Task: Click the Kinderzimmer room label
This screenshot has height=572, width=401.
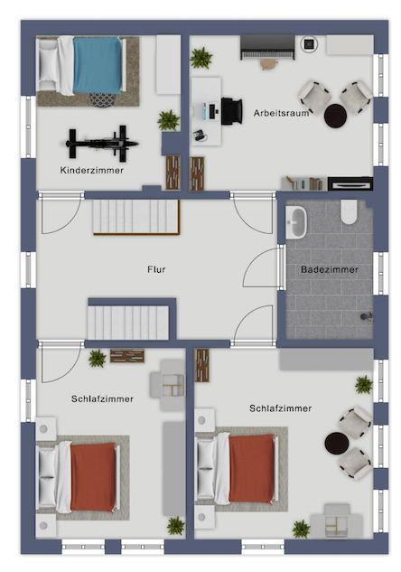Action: click(x=92, y=169)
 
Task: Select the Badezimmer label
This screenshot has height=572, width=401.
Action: click(x=328, y=269)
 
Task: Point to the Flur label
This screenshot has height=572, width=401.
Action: click(x=157, y=269)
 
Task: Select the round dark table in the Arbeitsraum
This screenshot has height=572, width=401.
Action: click(x=336, y=115)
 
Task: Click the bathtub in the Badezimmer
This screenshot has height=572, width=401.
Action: click(x=297, y=220)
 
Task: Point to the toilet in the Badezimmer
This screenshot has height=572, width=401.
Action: click(x=350, y=212)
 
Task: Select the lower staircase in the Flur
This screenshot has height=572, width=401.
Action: click(x=128, y=320)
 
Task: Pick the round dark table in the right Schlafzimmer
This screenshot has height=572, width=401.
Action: click(x=337, y=445)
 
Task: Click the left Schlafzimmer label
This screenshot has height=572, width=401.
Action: click(x=102, y=398)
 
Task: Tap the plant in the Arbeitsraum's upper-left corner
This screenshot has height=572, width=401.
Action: click(x=201, y=59)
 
